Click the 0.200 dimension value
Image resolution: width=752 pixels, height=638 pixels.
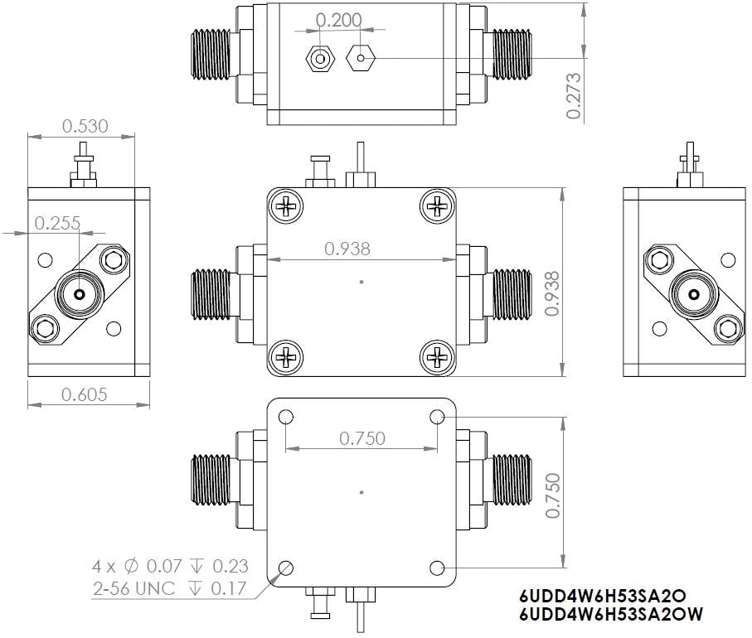tap(340, 22)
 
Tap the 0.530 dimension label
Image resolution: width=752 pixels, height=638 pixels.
tap(85, 126)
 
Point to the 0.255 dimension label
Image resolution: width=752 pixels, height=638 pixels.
tap(57, 223)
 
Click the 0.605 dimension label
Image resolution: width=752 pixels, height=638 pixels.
tap(85, 394)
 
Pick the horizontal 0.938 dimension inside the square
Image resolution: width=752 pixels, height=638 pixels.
tap(347, 248)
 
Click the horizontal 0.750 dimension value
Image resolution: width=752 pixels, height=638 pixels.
tap(362, 438)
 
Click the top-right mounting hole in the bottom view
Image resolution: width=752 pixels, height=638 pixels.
tap(437, 418)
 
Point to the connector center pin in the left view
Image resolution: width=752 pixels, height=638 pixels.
tap(79, 295)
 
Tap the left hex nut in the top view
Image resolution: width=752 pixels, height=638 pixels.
tap(320, 59)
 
